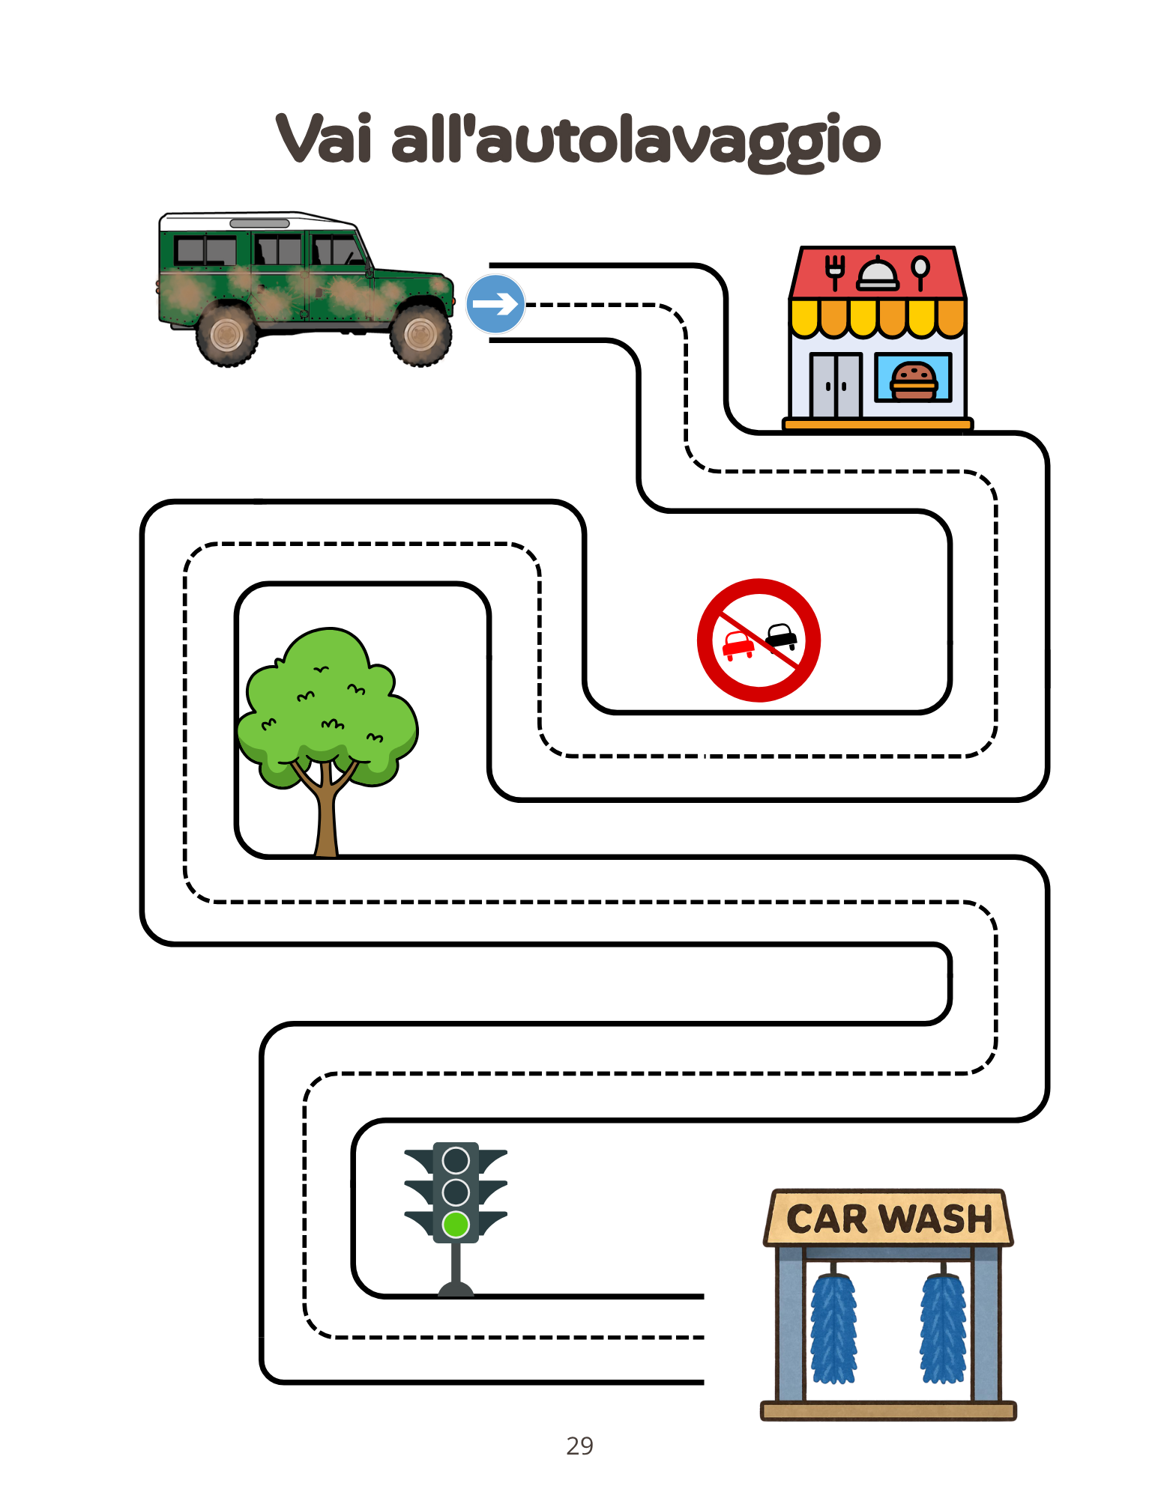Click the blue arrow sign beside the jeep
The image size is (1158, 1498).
pyautogui.click(x=495, y=303)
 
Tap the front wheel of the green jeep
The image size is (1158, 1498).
pyautogui.click(x=420, y=334)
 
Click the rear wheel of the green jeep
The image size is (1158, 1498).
pyautogui.click(x=226, y=334)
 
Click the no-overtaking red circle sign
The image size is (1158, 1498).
pyautogui.click(x=759, y=640)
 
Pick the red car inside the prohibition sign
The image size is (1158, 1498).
pyautogui.click(x=738, y=644)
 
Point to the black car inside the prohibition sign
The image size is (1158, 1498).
pyautogui.click(x=782, y=636)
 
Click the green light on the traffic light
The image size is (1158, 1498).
pyautogui.click(x=456, y=1225)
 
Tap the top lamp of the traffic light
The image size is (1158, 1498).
pyautogui.click(x=456, y=1160)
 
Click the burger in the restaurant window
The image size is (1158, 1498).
pyautogui.click(x=914, y=380)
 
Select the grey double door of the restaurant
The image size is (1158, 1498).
pyautogui.click(x=836, y=385)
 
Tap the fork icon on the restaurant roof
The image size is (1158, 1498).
pyautogui.click(x=834, y=271)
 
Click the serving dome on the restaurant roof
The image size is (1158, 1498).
pyautogui.click(x=877, y=274)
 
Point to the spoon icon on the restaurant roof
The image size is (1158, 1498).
pyautogui.click(x=920, y=271)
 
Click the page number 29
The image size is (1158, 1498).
pyautogui.click(x=579, y=1446)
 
